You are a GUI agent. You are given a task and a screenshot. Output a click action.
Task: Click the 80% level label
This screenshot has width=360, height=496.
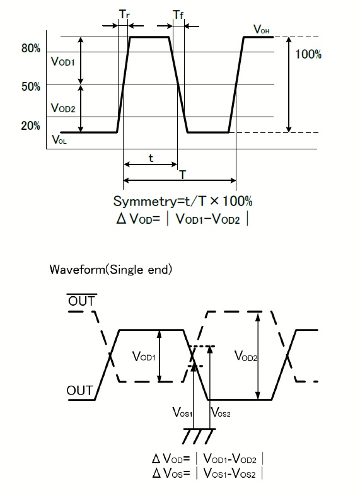point(31,49)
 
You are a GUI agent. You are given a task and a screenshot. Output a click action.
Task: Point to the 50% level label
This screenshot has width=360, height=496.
point(31,87)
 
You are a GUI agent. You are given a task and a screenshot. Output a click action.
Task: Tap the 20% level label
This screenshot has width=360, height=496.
point(31,126)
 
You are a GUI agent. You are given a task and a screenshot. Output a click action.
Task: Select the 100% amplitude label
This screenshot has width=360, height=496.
point(308,54)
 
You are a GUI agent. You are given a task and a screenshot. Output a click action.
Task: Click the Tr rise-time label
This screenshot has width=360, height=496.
point(124,14)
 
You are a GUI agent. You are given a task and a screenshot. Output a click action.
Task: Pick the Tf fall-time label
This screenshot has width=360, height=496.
point(178,14)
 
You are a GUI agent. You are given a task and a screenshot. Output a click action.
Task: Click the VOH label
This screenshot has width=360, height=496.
point(261,29)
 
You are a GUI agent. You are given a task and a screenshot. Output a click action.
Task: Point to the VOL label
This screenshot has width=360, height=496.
point(59,139)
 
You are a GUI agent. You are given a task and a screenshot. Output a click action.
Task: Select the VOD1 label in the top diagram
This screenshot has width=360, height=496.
point(62,61)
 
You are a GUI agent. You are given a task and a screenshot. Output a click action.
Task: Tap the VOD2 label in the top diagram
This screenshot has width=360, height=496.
point(63,108)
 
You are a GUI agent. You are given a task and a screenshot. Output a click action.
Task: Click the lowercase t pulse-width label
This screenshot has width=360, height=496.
point(151,158)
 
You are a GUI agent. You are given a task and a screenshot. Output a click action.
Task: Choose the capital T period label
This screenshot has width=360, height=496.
point(183,175)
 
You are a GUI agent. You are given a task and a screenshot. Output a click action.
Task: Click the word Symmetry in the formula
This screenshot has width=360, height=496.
point(144,202)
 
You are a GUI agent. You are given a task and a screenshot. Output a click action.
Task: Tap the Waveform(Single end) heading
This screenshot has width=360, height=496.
point(111,270)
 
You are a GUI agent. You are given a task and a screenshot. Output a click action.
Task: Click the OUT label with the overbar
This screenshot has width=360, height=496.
point(81,300)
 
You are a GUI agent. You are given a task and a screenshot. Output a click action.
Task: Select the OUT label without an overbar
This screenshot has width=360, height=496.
point(79,391)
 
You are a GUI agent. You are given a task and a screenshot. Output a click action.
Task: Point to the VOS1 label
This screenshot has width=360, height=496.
point(182,412)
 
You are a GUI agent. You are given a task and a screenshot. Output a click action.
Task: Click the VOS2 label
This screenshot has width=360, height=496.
point(221,412)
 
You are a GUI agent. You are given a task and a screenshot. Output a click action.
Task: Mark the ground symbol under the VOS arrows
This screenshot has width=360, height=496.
point(199,436)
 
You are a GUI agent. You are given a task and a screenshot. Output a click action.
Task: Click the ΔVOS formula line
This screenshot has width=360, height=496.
point(207,473)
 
